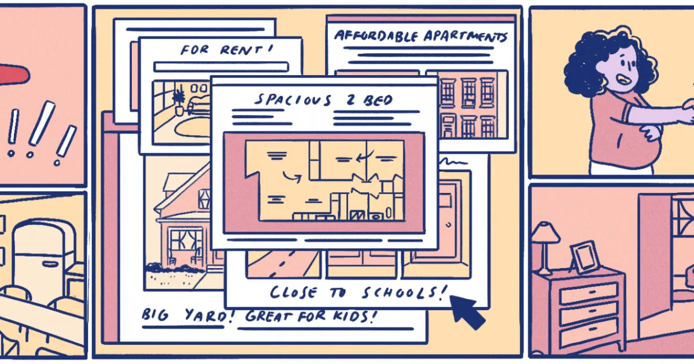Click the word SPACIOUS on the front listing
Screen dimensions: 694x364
click(293, 99)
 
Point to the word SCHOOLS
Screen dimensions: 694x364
click(405, 292)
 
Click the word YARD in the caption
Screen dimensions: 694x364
click(208, 315)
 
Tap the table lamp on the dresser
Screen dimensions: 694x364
click(544, 248)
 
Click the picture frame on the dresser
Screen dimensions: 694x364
click(585, 258)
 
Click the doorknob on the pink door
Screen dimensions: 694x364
click(449, 225)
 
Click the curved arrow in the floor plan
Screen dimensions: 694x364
click(291, 177)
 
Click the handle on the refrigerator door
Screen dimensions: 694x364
click(50, 264)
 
